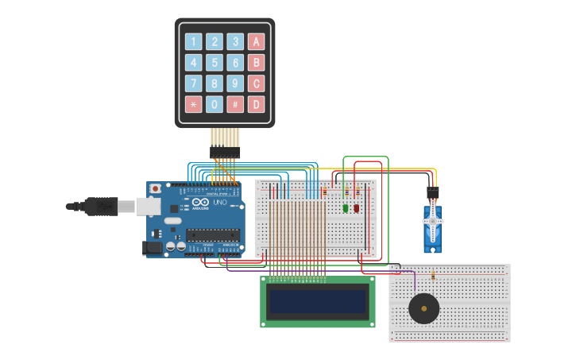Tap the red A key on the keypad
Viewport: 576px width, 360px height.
pyautogui.click(x=256, y=42)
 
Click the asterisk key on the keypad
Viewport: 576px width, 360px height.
pyautogui.click(x=194, y=104)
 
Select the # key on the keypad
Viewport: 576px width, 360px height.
pyautogui.click(x=235, y=104)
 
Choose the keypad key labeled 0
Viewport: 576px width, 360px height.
pyautogui.click(x=215, y=104)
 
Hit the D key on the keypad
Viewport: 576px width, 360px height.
pyautogui.click(x=256, y=104)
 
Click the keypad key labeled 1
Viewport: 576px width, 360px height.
pyautogui.click(x=194, y=42)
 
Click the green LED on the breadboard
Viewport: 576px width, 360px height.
pyautogui.click(x=346, y=208)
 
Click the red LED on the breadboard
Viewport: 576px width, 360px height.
pyautogui.click(x=357, y=208)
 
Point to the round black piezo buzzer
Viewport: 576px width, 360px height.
pyautogui.click(x=423, y=308)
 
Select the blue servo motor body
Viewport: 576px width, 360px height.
pyautogui.click(x=433, y=230)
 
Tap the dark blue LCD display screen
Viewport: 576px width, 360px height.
pyautogui.click(x=318, y=301)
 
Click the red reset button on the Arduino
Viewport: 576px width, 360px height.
pyautogui.click(x=156, y=189)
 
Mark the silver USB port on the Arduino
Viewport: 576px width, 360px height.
pyautogui.click(x=148, y=207)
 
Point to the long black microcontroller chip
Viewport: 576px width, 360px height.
pyautogui.click(x=212, y=235)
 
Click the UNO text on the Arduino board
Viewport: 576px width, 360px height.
pyautogui.click(x=219, y=203)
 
